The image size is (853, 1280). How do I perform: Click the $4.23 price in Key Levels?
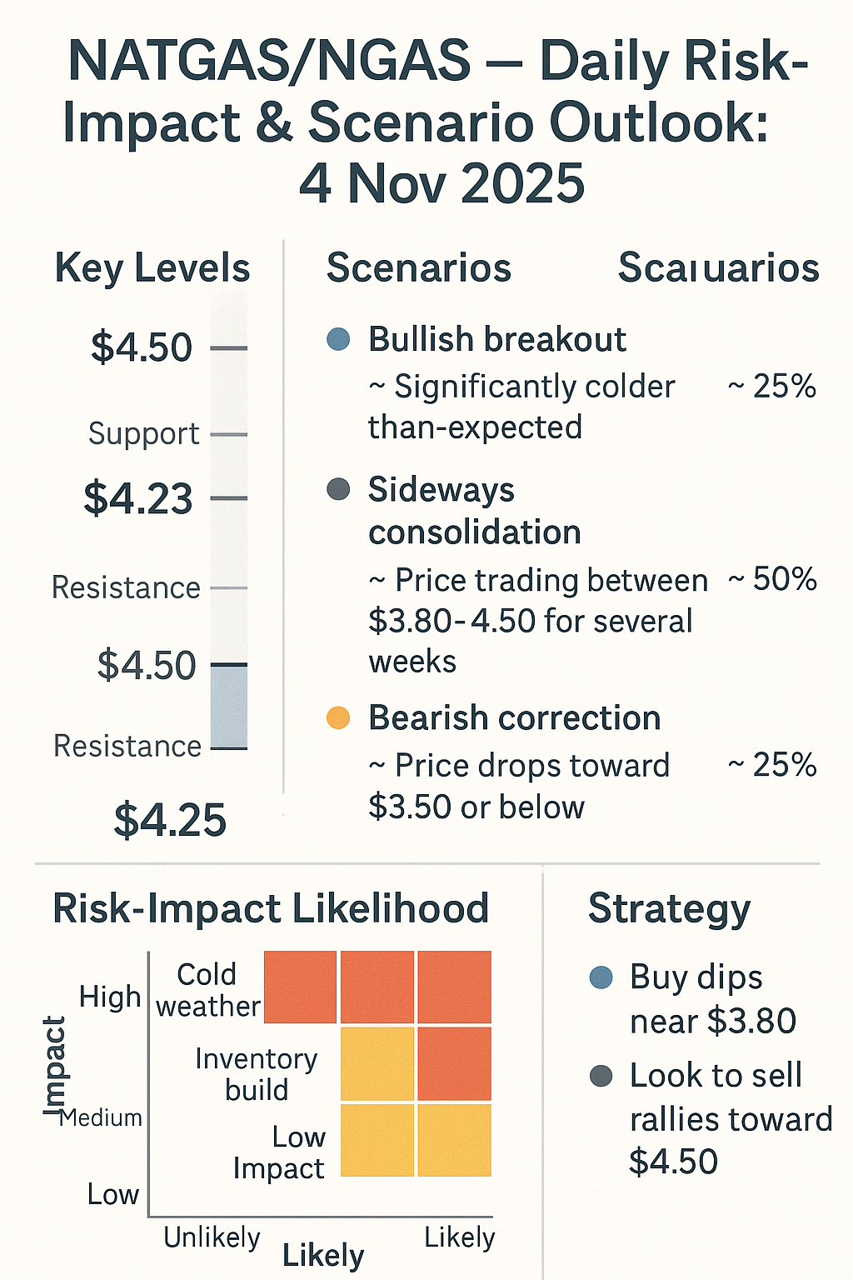[x=138, y=498]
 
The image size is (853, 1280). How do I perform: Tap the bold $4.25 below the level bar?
[x=170, y=820]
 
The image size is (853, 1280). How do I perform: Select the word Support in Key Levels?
[x=143, y=434]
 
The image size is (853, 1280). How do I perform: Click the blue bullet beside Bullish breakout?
[x=338, y=339]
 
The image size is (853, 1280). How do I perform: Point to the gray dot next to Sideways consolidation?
[x=338, y=489]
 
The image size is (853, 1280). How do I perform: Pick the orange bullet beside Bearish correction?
[x=338, y=717]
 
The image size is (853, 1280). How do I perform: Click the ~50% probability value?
[x=772, y=580]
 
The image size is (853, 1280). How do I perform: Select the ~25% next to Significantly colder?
[x=772, y=387]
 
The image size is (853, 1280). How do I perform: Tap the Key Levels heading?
[x=152, y=268]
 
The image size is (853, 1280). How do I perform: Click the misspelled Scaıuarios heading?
[x=718, y=268]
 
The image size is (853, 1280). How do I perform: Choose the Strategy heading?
[x=669, y=908]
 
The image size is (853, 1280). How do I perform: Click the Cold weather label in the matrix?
[x=207, y=990]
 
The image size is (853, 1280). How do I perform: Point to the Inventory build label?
[x=257, y=1074]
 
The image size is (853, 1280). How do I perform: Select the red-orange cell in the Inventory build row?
[x=454, y=1064]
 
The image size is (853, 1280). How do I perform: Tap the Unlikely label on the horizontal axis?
[x=212, y=1237]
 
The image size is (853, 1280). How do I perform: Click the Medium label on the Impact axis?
[x=102, y=1117]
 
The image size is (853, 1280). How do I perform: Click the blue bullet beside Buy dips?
[x=601, y=977]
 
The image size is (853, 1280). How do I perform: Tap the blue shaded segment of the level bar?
[x=229, y=707]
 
